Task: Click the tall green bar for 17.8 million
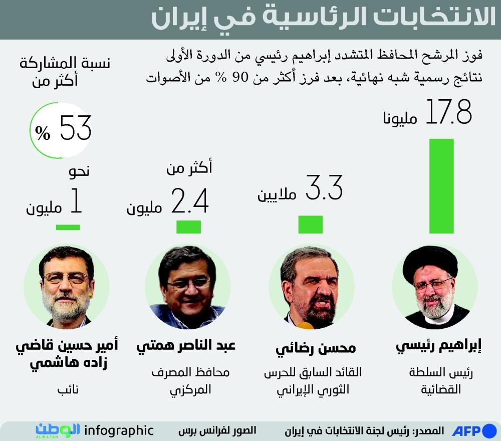441,186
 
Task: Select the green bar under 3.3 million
311,225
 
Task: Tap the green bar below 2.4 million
189,227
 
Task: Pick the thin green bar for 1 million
68,227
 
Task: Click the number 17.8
448,112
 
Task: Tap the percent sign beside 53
43,133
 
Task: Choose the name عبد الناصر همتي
186,346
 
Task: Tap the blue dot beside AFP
489,430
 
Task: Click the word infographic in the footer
119,430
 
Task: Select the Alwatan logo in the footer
58,430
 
